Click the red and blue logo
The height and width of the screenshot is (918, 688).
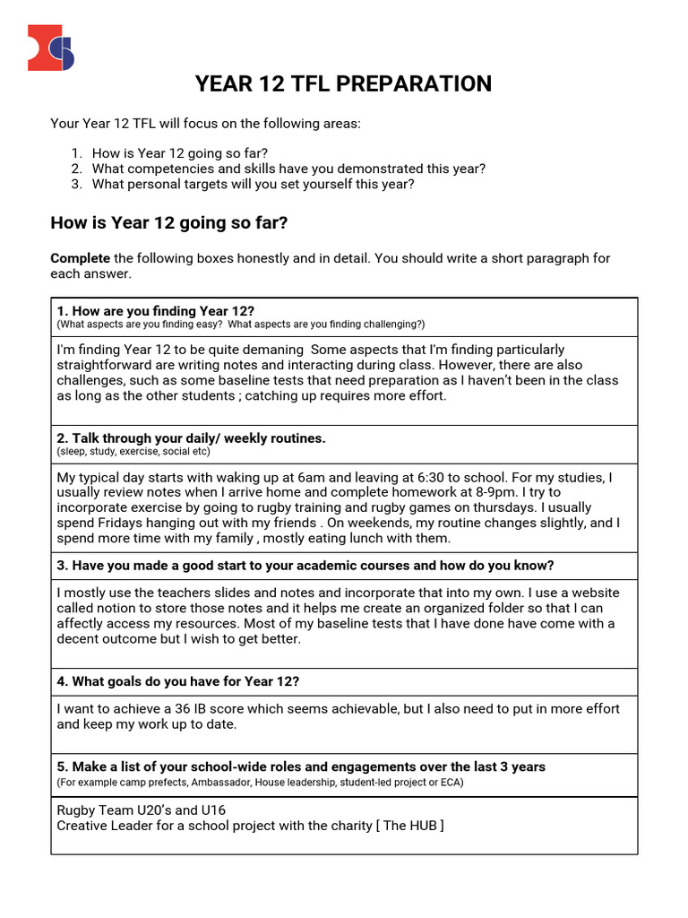[x=51, y=48]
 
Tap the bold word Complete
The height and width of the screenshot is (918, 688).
[x=81, y=258]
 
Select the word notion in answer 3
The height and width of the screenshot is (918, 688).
[x=116, y=609]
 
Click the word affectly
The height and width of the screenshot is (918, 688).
[x=83, y=624]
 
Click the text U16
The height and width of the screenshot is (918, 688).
[x=215, y=810]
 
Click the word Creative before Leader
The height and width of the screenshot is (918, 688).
[x=83, y=826]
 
